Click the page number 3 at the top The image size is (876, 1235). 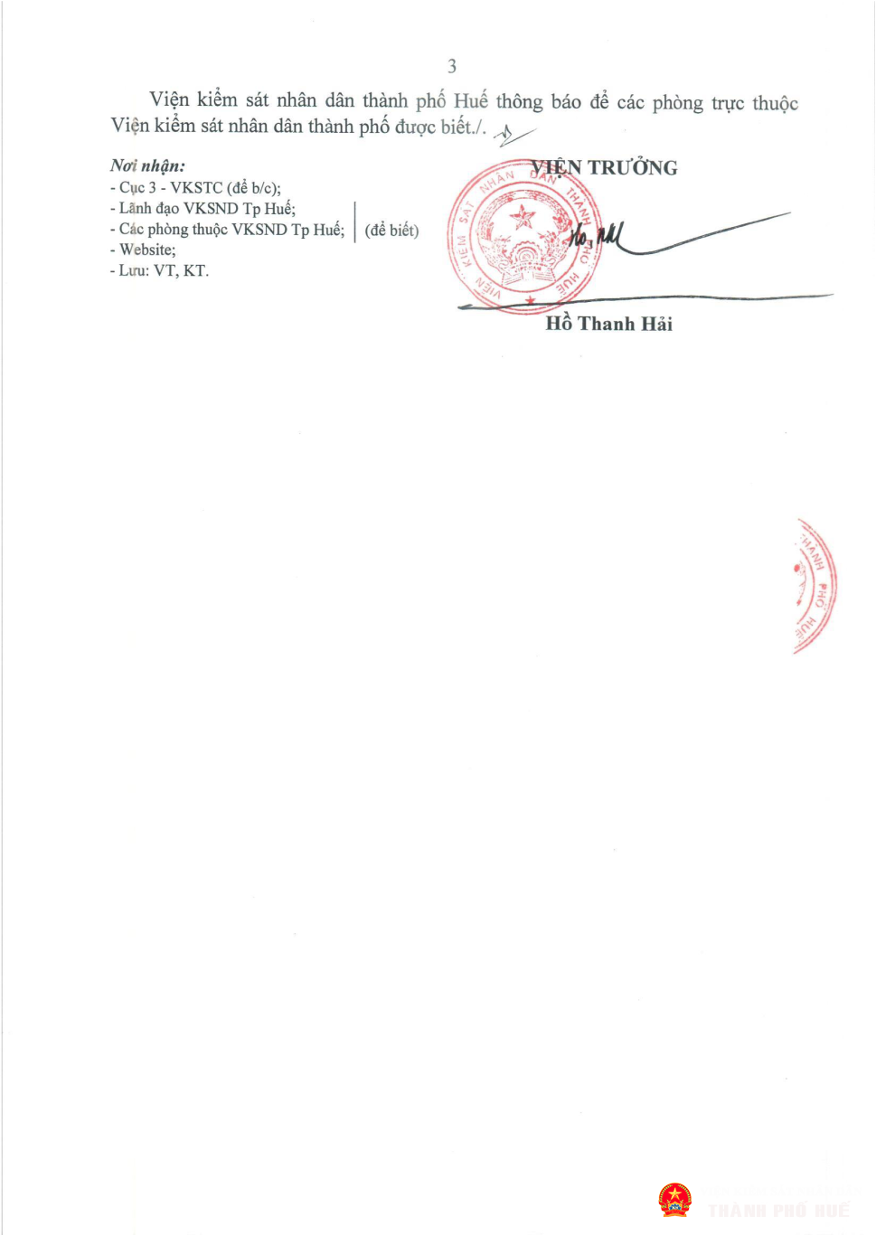(x=452, y=66)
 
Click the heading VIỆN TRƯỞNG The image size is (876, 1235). (x=605, y=168)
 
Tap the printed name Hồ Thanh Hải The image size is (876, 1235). (x=609, y=324)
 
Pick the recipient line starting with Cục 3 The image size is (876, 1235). (x=200, y=188)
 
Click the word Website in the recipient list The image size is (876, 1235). (x=147, y=250)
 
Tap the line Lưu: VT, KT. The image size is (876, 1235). (x=164, y=270)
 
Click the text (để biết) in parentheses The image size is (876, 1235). (x=392, y=231)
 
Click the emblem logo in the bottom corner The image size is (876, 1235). (x=674, y=1200)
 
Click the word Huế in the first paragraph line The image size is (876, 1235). (x=471, y=101)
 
